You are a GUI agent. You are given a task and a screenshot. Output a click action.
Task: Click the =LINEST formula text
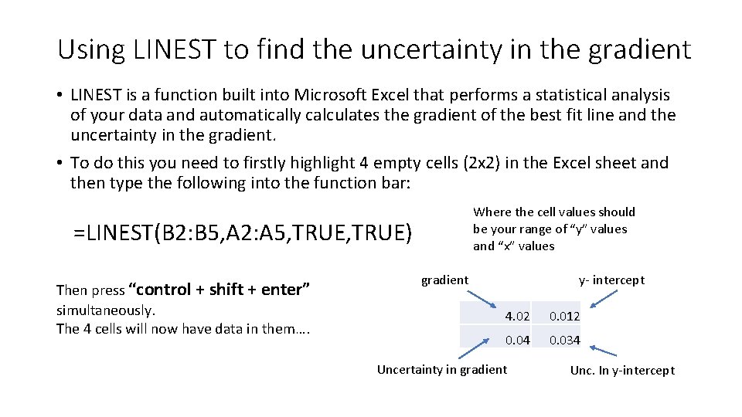(x=243, y=232)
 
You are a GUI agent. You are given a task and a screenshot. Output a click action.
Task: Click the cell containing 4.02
(x=496, y=315)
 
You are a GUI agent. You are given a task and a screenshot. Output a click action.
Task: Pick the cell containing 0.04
(x=496, y=339)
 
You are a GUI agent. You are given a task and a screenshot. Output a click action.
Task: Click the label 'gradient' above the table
(x=444, y=280)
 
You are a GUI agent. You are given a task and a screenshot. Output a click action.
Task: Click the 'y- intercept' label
(x=611, y=280)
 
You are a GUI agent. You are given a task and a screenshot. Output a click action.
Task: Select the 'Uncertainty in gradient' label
(x=441, y=369)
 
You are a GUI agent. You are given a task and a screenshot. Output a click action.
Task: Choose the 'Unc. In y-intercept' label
(x=622, y=370)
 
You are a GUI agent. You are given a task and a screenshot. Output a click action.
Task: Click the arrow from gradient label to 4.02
(x=486, y=297)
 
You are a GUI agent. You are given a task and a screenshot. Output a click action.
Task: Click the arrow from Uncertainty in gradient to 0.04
(x=478, y=347)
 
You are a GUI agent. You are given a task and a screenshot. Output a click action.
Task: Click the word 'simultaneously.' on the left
(x=106, y=310)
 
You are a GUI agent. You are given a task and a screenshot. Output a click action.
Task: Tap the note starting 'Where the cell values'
(x=553, y=229)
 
